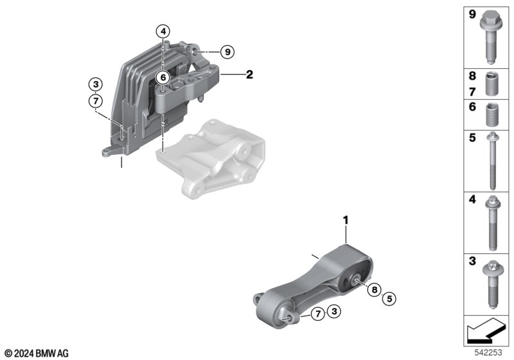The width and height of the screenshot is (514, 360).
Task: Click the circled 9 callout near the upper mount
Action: [227, 52]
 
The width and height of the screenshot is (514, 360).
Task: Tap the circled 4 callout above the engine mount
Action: [163, 32]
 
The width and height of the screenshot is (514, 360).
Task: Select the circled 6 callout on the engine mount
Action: [163, 78]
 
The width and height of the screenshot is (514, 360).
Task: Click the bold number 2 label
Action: [250, 75]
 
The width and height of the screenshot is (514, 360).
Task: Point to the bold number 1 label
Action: [346, 221]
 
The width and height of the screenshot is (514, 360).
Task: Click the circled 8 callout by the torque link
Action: [375, 289]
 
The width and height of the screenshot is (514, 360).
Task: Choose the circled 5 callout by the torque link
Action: [389, 299]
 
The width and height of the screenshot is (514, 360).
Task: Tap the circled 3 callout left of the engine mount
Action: [96, 85]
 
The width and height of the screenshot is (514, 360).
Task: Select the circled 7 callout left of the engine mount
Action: [96, 101]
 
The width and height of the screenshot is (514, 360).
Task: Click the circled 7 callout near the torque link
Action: [317, 314]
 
